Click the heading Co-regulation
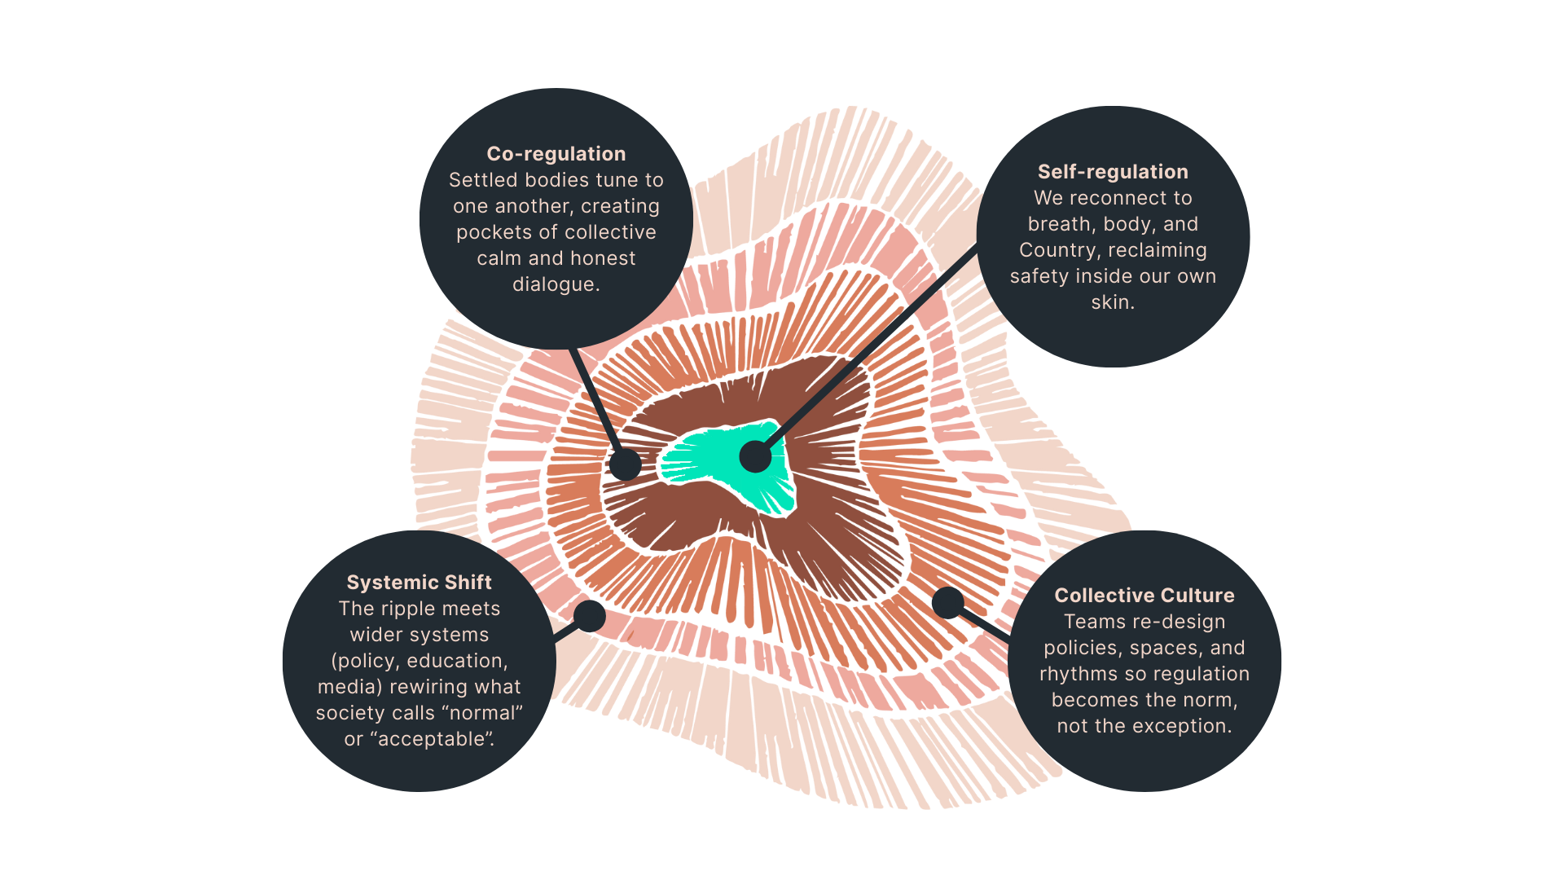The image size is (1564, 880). pos(556,154)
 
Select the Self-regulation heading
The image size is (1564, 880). pos(1112,172)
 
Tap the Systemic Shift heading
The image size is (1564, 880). pos(419,583)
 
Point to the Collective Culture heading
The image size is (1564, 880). pos(1144,596)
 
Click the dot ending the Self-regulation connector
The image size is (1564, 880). pos(755,456)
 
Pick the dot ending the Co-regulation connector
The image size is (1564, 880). pos(625,464)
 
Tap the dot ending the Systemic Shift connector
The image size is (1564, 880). pos(589,615)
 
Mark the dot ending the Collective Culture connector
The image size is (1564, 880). pos(947,603)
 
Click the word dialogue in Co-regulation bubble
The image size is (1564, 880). pos(555,284)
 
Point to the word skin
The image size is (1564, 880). pos(1112,302)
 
